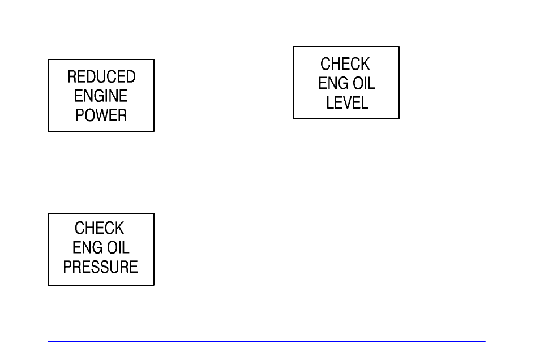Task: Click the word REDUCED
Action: point(101,77)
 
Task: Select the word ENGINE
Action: point(101,96)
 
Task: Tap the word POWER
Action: point(101,115)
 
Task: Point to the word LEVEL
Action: point(347,102)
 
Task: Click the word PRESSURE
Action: point(101,267)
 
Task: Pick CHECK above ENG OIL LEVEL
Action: point(345,64)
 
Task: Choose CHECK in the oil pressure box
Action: point(99,228)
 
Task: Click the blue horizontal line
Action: point(267,341)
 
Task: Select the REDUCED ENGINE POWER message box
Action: point(101,96)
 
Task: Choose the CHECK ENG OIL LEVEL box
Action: point(346,83)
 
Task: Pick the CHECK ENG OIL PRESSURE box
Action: point(101,250)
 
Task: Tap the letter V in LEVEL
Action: point(348,102)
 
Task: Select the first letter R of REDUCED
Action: point(72,77)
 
